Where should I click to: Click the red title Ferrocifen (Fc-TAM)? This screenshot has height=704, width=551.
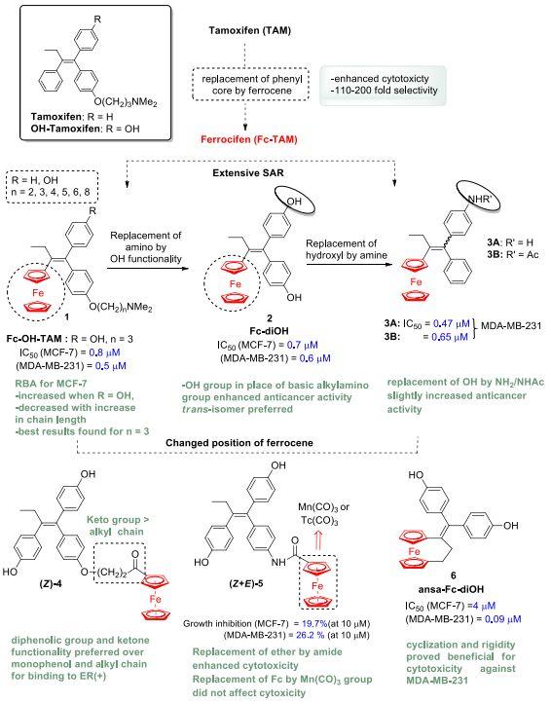click(249, 139)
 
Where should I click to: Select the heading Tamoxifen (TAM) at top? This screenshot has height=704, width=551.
click(250, 30)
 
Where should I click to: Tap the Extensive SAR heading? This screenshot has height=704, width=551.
click(248, 173)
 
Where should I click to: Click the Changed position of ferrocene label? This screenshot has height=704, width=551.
click(239, 443)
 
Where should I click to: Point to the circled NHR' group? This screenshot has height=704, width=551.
click(479, 200)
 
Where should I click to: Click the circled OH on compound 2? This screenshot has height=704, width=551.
click(294, 202)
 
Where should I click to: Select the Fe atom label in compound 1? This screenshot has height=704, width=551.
click(38, 293)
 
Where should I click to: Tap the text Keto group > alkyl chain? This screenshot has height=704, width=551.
click(118, 526)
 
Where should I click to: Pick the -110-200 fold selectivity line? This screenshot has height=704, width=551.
click(384, 91)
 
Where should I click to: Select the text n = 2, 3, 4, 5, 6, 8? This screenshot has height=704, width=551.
click(51, 193)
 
